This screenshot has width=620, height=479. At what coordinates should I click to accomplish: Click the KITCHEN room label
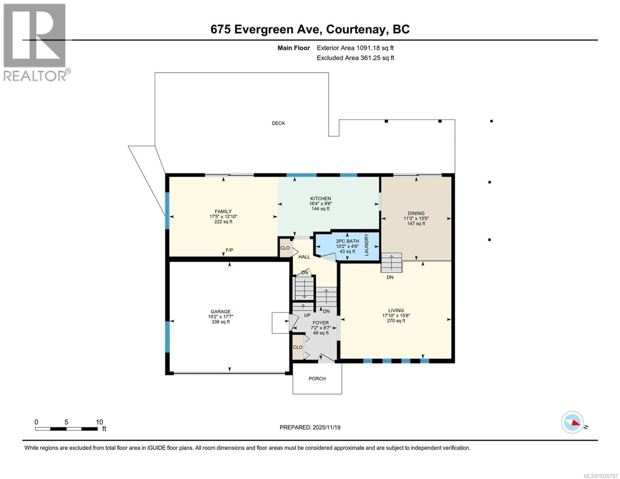coord(320,198)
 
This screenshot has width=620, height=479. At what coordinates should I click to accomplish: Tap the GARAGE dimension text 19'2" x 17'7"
coord(221,317)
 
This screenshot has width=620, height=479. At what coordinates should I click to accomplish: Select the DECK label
coord(278,123)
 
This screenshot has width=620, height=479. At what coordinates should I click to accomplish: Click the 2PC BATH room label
coord(347,241)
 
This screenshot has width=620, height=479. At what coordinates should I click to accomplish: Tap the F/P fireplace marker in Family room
coord(229,250)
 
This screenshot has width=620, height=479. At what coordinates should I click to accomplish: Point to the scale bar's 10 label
coord(99,422)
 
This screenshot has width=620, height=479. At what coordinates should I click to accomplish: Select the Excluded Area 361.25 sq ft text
coord(355,58)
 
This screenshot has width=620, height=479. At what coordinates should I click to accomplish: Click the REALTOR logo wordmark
coord(35,76)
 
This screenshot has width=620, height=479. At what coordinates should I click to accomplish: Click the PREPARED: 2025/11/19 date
coord(310,427)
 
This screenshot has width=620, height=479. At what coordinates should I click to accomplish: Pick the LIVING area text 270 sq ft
coord(396,321)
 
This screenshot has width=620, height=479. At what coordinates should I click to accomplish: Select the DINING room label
coord(416,213)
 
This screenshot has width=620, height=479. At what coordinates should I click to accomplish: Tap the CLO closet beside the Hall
coord(285,248)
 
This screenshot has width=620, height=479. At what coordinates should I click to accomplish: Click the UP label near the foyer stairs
coord(307,315)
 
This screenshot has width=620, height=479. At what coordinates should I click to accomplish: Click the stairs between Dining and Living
coord(392,263)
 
